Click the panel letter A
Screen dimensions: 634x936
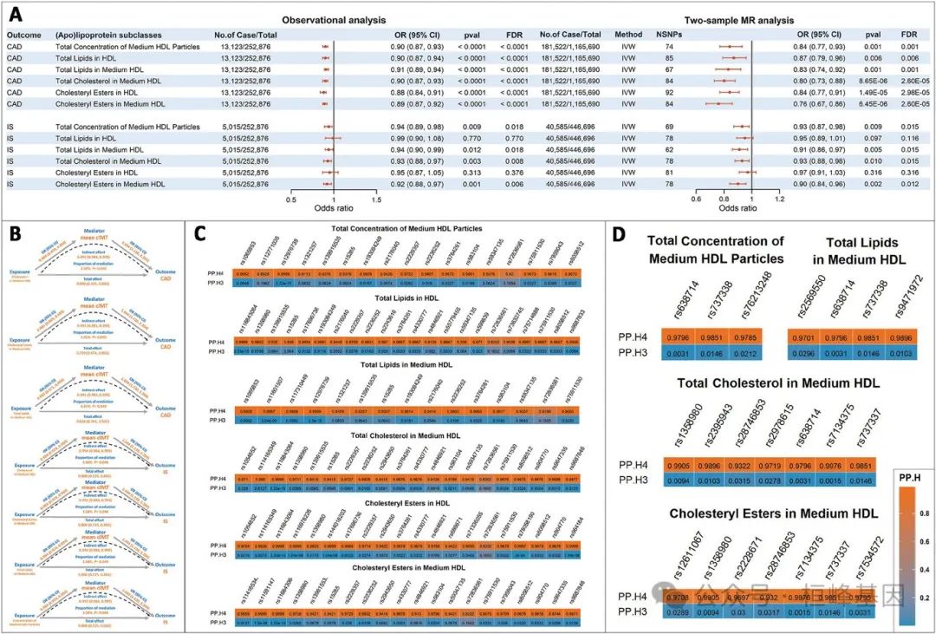16,14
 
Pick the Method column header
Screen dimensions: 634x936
628,35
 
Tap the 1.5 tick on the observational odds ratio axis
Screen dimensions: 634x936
376,198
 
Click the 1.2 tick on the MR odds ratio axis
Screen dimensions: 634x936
779,198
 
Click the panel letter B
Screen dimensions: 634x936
15,232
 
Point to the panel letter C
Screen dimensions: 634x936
200,233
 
